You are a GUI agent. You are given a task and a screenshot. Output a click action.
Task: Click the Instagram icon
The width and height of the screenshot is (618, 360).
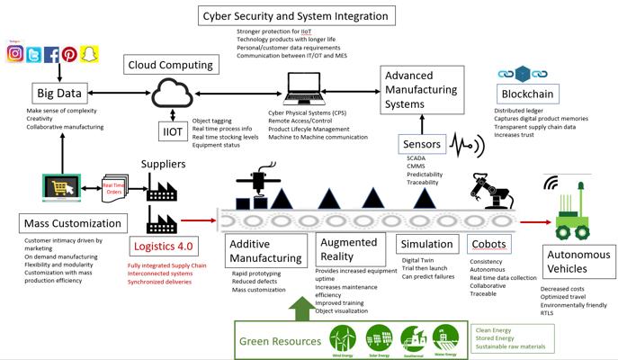point(15,53)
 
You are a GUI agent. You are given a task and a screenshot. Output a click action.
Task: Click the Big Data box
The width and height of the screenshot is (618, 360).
point(57,94)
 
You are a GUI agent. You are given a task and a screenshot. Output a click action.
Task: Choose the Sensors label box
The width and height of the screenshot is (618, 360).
point(421,144)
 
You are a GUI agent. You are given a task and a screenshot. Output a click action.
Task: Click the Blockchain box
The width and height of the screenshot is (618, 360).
point(525,94)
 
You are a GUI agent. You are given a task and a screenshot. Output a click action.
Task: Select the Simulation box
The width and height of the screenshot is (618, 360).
point(426,244)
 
